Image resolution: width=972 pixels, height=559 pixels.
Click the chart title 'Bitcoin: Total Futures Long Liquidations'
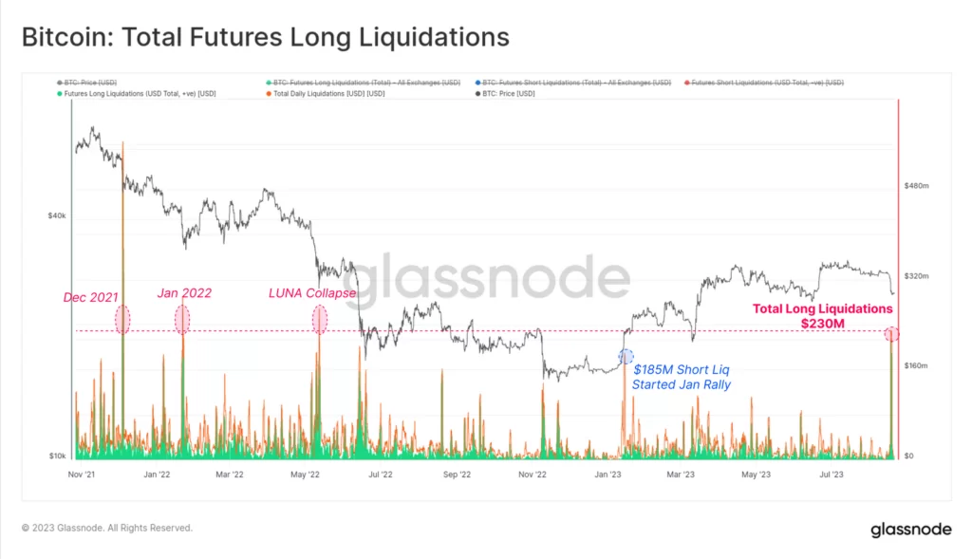[x=266, y=37]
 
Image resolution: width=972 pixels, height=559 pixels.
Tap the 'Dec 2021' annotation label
[x=91, y=297]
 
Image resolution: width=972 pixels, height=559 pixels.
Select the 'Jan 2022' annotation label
[x=182, y=292]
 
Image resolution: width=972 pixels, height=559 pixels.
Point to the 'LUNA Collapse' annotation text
[x=311, y=292]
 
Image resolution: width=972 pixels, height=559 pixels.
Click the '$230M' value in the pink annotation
[x=822, y=325]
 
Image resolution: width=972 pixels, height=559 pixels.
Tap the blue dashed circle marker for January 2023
[x=626, y=357]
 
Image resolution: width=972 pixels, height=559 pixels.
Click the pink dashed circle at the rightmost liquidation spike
[x=891, y=334]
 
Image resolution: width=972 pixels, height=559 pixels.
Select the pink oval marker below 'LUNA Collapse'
[x=320, y=320]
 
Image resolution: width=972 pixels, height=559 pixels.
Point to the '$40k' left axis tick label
[x=57, y=216]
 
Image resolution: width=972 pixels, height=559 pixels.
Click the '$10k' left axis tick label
[x=57, y=456]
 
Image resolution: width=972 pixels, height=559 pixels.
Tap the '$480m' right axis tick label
[x=916, y=186]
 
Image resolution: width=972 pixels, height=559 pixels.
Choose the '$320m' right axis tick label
[x=916, y=276]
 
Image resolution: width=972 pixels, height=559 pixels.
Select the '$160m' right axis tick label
[x=916, y=365]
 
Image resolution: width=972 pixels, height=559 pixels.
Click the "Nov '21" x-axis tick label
[x=82, y=474]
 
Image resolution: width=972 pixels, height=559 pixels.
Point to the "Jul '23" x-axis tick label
[x=831, y=474]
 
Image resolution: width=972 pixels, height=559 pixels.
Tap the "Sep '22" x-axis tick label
[x=456, y=474]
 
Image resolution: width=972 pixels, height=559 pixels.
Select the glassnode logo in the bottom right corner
[x=910, y=530]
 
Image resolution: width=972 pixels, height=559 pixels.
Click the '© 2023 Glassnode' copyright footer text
[x=107, y=528]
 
